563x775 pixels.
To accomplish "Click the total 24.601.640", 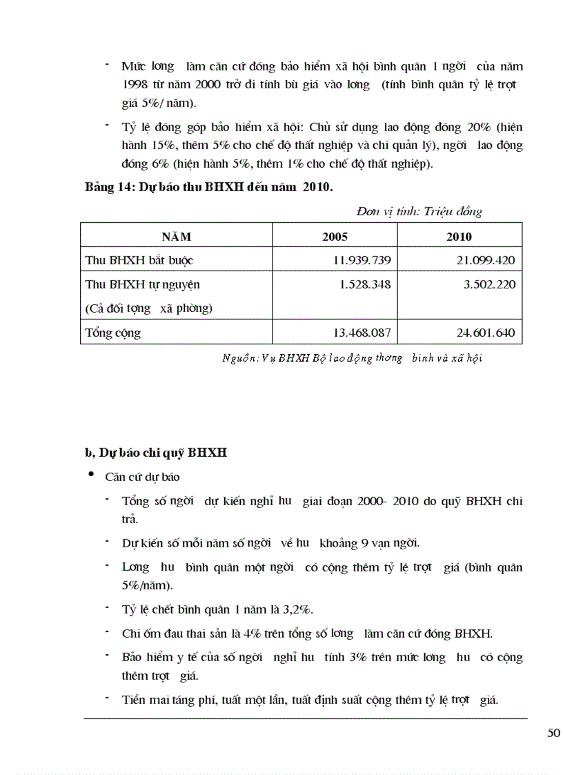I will pyautogui.click(x=485, y=333).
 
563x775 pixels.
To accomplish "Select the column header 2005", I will pyautogui.click(x=335, y=237).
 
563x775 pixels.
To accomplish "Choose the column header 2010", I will pyautogui.click(x=459, y=237).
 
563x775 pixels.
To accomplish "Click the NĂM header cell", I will pyautogui.click(x=176, y=237).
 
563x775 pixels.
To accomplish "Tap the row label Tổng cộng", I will pyautogui.click(x=112, y=333).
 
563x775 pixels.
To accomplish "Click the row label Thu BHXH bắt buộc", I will pyautogui.click(x=139, y=260).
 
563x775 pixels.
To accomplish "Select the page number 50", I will pyautogui.click(x=553, y=733).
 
